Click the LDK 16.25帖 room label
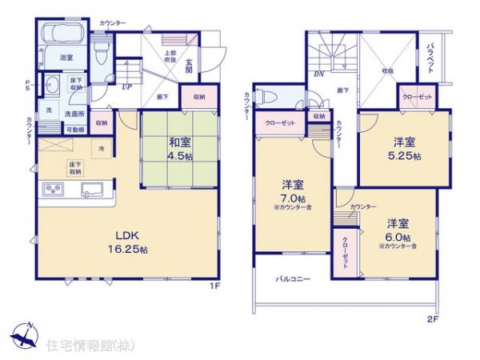click(127, 242)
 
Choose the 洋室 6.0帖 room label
click(398, 229)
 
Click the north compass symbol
click(26, 334)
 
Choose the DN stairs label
click(319, 74)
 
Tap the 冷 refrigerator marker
click(102, 149)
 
